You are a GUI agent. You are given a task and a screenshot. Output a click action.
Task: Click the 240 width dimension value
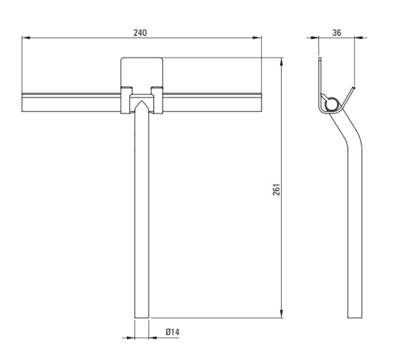pyautogui.click(x=140, y=33)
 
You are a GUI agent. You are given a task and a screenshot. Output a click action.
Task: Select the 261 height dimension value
pyautogui.click(x=276, y=189)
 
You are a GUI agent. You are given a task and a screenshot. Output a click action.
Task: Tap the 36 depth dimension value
pyautogui.click(x=337, y=33)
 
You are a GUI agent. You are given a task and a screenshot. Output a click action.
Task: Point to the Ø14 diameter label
pyautogui.click(x=172, y=332)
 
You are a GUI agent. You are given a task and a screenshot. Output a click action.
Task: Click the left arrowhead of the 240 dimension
pyautogui.click(x=26, y=38)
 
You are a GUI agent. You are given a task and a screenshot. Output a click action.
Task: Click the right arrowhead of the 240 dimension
pyautogui.click(x=258, y=38)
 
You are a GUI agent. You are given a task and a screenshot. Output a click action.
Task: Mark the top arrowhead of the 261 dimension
pyautogui.click(x=282, y=61)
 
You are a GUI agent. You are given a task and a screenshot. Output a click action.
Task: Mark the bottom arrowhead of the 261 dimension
pyautogui.click(x=282, y=314)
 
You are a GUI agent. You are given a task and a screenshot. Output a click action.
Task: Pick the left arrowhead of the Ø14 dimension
pyautogui.click(x=131, y=338)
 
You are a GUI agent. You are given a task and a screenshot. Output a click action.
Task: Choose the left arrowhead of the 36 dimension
pyautogui.click(x=314, y=38)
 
